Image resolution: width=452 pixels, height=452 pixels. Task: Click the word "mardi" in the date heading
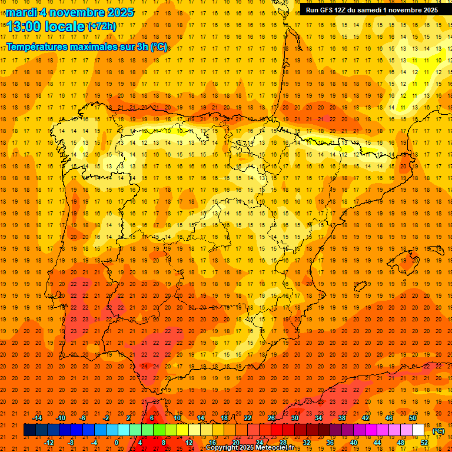(x=21, y=12)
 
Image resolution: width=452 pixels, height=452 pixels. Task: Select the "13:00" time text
(x=24, y=26)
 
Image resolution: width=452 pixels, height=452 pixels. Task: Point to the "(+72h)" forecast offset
(x=102, y=26)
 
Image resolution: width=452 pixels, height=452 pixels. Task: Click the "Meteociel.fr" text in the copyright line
(x=262, y=448)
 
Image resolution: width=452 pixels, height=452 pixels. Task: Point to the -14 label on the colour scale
(x=38, y=418)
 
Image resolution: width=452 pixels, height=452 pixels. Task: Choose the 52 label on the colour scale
(x=424, y=442)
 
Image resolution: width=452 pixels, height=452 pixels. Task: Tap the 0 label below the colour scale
(x=117, y=442)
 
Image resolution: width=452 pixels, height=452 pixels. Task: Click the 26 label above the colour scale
(x=271, y=418)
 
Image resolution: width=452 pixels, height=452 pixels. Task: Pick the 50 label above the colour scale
(x=413, y=418)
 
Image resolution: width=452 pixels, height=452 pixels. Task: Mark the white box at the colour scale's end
(x=418, y=430)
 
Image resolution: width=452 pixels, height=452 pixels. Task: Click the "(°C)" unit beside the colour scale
(x=438, y=431)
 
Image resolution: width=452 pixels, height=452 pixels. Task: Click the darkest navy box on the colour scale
(x=29, y=430)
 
